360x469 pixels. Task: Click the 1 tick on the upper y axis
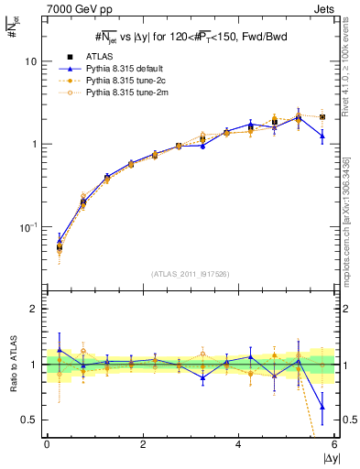point(32,145)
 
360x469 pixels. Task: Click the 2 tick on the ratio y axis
point(32,310)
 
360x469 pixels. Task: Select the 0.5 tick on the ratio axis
point(28,420)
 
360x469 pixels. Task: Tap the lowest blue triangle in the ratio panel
point(322,408)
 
